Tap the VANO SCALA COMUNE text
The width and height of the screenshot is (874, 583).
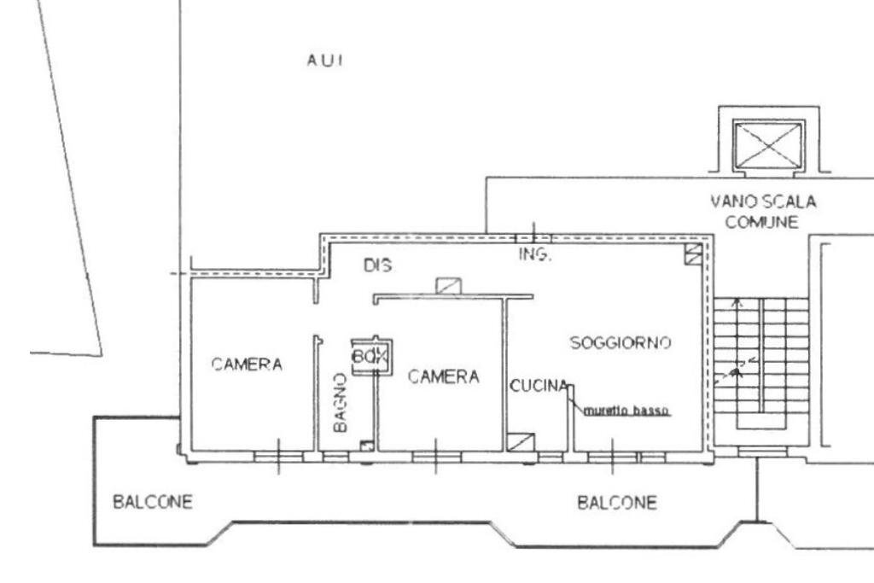tap(763, 213)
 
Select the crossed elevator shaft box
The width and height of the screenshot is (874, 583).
tap(769, 144)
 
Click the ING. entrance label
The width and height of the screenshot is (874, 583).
tap(535, 255)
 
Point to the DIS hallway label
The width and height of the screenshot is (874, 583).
tap(377, 265)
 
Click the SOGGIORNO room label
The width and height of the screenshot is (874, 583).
tap(621, 342)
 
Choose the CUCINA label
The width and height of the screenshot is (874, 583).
tap(539, 387)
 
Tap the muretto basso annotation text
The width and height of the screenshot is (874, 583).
tap(626, 411)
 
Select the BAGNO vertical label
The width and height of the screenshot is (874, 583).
tap(340, 401)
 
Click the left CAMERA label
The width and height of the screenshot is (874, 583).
tap(247, 364)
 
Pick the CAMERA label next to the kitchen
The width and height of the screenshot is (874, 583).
tap(443, 376)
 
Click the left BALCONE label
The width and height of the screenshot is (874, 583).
tap(153, 501)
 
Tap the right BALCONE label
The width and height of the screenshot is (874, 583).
tap(617, 502)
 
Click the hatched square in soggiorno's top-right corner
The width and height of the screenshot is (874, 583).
tap(694, 253)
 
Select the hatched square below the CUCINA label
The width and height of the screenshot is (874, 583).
tap(518, 441)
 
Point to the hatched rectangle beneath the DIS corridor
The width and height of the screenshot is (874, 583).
tap(448, 286)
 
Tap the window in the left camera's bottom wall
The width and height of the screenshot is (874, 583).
tap(277, 458)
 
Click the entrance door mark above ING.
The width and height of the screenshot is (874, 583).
tap(533, 235)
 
